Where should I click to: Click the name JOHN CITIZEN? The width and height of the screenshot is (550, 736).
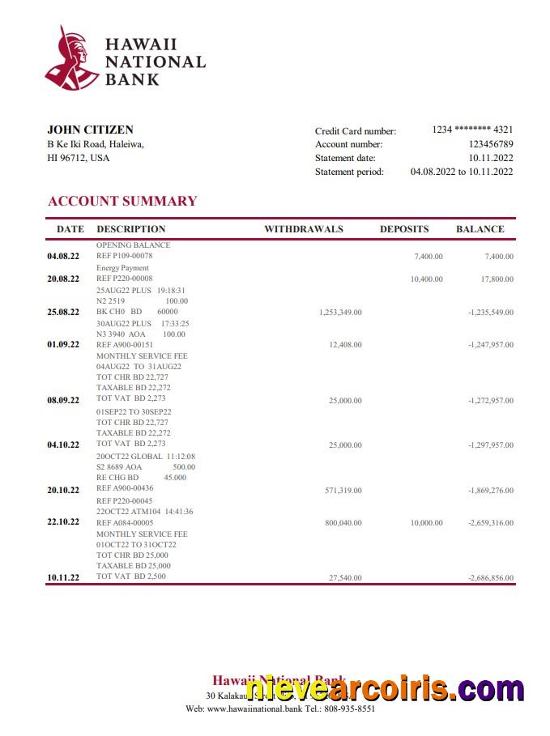(x=91, y=130)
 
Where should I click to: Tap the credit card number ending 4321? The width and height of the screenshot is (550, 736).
(x=472, y=130)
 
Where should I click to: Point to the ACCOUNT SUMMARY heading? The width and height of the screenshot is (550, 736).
(x=122, y=201)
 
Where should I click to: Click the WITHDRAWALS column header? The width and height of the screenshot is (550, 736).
(x=304, y=229)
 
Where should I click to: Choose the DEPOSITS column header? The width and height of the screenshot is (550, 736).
(x=404, y=229)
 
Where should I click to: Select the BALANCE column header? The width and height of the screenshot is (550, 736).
(x=480, y=229)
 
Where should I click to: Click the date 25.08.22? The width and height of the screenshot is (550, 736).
(x=63, y=312)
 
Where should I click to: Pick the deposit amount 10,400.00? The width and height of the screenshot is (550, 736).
(x=427, y=279)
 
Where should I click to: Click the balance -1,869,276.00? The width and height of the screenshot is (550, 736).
(x=490, y=491)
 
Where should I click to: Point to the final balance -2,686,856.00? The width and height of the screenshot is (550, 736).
(x=490, y=578)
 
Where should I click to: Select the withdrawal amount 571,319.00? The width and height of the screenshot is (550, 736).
(x=343, y=491)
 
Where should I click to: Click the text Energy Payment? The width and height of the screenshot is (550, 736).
(x=122, y=268)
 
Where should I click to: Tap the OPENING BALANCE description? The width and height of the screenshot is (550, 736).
(x=134, y=245)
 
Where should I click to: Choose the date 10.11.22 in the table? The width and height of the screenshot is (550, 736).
(x=63, y=577)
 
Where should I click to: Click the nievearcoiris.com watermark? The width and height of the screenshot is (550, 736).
(x=385, y=689)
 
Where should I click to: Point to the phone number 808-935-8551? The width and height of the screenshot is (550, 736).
(x=351, y=708)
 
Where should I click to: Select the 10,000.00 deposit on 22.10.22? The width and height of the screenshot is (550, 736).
(x=427, y=523)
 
